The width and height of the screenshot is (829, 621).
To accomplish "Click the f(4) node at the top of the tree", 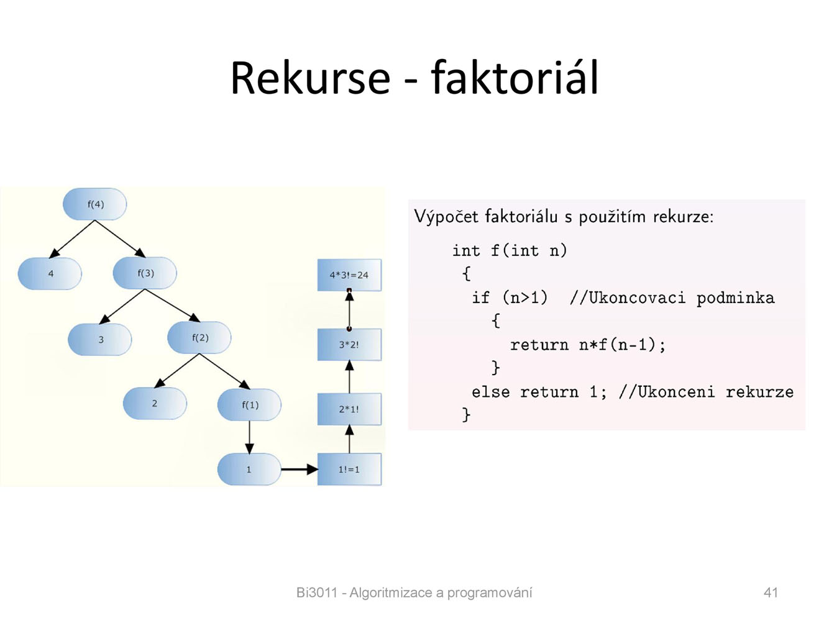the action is pos(95,204).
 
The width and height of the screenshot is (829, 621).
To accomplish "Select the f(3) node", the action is pos(145,273).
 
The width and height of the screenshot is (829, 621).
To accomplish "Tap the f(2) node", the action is pos(199,338).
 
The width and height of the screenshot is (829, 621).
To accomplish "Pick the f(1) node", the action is pos(249,405).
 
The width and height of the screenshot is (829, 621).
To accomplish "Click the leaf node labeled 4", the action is pos(50,273).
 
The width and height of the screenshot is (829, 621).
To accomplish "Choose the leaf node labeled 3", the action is pos(99,340).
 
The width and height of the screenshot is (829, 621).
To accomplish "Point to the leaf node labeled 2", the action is pos(155,403).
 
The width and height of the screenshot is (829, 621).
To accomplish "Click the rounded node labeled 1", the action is pos(249,469).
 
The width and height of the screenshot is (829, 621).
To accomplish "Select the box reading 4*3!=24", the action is pos(349,275).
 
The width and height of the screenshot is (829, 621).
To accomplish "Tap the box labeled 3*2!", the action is pos(349,345).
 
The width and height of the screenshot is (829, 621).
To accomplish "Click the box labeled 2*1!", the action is pos(349,409).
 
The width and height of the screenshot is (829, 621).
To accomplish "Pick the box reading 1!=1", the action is pos(349,469).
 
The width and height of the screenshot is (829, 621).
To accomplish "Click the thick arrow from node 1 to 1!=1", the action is pos(300,469).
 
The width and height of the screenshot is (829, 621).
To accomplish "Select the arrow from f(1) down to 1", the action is pos(249,438).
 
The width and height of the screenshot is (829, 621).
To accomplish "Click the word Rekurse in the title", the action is pos(310,78).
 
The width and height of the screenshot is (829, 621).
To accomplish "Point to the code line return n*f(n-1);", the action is pos(588,345).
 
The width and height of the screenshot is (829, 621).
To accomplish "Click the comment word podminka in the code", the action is pos(735,297).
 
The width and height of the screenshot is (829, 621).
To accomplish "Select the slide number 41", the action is pos(771,592).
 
